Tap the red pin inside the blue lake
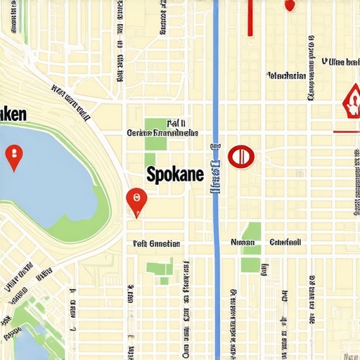pos(13,156)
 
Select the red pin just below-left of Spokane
pos(136,201)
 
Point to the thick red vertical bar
pos(250,17)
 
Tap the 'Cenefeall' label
pos(285,242)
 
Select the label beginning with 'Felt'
pos(156,244)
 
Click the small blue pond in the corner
pos(28,345)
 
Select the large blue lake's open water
pos(49,176)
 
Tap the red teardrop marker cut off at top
pos(289,4)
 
